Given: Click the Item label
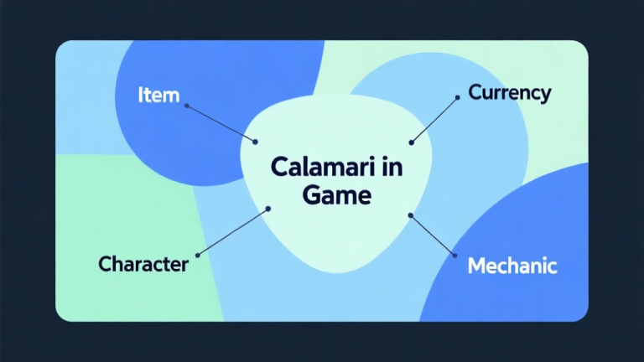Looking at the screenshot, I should click(x=158, y=95).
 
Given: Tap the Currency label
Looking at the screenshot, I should click(x=509, y=92).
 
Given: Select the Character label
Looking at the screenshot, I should click(x=143, y=265).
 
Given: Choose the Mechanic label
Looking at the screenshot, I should click(x=512, y=266).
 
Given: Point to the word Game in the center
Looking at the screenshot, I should click(x=335, y=195).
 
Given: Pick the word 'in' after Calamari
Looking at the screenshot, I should click(x=392, y=167).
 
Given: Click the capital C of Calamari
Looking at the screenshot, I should click(x=279, y=167).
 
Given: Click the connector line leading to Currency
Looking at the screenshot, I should click(x=434, y=120).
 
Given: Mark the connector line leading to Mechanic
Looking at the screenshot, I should click(x=433, y=235).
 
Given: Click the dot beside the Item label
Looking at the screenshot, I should click(x=186, y=106).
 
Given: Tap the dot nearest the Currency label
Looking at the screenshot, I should click(x=457, y=97).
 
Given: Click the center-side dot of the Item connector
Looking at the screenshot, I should click(x=255, y=141).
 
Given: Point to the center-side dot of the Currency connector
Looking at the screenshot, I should click(x=411, y=142).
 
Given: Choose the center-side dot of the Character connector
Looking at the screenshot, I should click(x=267, y=208).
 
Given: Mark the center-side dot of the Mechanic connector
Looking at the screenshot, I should click(x=411, y=215).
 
